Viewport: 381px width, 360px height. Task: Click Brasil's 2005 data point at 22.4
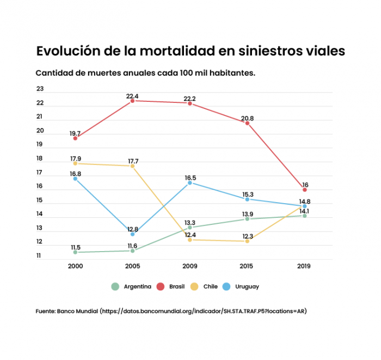(x=132, y=101)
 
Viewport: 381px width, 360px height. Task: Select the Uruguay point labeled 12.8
(x=132, y=234)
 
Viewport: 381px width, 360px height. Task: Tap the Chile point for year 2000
(x=75, y=163)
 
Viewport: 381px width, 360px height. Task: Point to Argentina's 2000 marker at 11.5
(x=75, y=252)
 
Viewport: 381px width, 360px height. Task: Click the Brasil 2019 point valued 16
(x=305, y=190)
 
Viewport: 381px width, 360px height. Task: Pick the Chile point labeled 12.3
(x=247, y=241)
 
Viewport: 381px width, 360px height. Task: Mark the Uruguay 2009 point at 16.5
(x=190, y=183)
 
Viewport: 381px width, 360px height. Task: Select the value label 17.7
(x=132, y=161)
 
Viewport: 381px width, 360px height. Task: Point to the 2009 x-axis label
(x=190, y=266)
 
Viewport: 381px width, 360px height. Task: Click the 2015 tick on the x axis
(x=247, y=266)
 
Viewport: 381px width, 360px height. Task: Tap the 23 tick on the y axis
(x=40, y=89)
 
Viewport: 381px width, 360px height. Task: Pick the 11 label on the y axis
(x=40, y=255)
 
